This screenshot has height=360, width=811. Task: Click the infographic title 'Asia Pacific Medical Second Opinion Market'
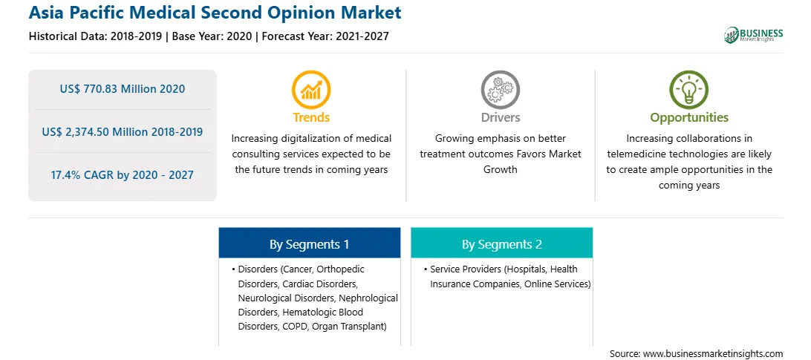point(215,13)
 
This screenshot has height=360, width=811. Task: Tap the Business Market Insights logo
point(754,35)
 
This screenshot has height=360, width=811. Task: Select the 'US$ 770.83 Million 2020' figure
point(122,89)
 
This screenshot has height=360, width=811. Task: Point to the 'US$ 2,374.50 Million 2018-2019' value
point(122,132)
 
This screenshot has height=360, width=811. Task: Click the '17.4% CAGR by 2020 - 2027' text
point(122,175)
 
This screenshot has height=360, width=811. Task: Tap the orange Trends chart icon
point(311,90)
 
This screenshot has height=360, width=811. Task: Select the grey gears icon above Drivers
point(500,90)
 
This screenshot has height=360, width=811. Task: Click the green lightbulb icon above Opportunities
point(689,90)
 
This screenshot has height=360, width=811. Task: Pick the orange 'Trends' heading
point(311,117)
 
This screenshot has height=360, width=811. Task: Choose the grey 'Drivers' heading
point(500,117)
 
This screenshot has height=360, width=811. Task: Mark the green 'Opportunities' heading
point(689,118)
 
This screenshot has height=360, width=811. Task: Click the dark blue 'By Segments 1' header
point(309,243)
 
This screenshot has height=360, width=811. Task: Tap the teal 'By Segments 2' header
point(502,243)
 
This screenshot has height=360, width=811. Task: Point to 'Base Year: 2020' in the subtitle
point(212,36)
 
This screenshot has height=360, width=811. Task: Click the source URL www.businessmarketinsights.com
point(713,354)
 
